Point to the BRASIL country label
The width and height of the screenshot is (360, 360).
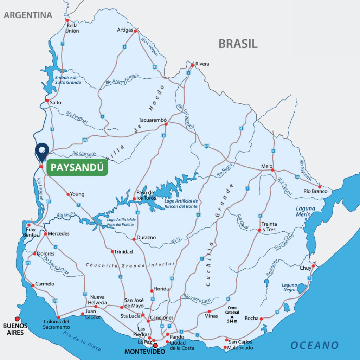[x=238, y=44]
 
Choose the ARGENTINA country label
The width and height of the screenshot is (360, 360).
[x=28, y=15]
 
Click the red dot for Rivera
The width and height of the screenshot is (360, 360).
[x=192, y=65]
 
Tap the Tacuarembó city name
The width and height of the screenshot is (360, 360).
[x=153, y=119]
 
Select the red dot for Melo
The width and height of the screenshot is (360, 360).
[x=272, y=170]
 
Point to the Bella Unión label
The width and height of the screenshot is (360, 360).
[x=72, y=28]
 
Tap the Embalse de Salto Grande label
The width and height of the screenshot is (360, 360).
[x=67, y=80]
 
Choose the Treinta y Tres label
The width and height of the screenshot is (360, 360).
[x=269, y=227]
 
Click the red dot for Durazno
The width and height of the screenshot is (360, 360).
[x=134, y=239]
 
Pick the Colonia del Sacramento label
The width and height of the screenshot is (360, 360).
[x=57, y=324]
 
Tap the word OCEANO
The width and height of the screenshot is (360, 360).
[x=314, y=345]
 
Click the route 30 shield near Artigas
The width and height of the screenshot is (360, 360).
[x=155, y=67]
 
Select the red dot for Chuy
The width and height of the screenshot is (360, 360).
[x=313, y=266]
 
